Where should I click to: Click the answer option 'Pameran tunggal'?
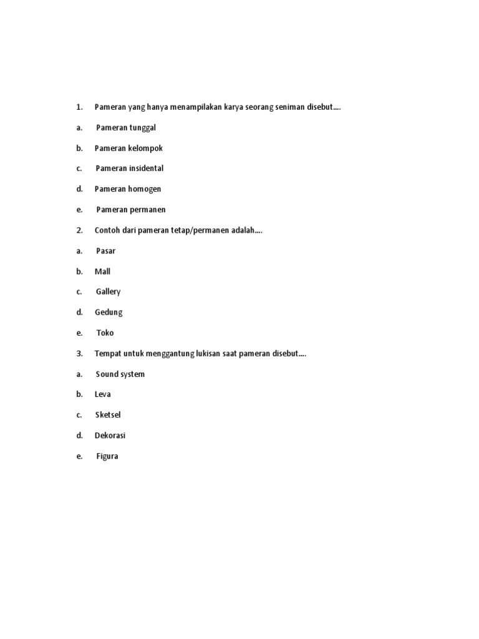126,128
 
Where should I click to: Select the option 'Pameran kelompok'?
128,149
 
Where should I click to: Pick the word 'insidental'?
146,168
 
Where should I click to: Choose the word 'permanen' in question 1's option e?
148,210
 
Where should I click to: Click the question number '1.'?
79,107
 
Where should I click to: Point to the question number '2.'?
79,230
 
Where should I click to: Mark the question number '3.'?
79,354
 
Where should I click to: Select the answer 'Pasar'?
106,251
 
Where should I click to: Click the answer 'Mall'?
102,271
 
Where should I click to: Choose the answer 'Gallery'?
108,292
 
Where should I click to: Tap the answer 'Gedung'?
109,313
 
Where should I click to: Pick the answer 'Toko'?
105,333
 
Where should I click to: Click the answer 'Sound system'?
120,374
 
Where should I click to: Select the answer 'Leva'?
102,394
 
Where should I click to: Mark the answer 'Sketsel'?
108,415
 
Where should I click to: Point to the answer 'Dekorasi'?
110,436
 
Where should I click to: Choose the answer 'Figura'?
107,456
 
